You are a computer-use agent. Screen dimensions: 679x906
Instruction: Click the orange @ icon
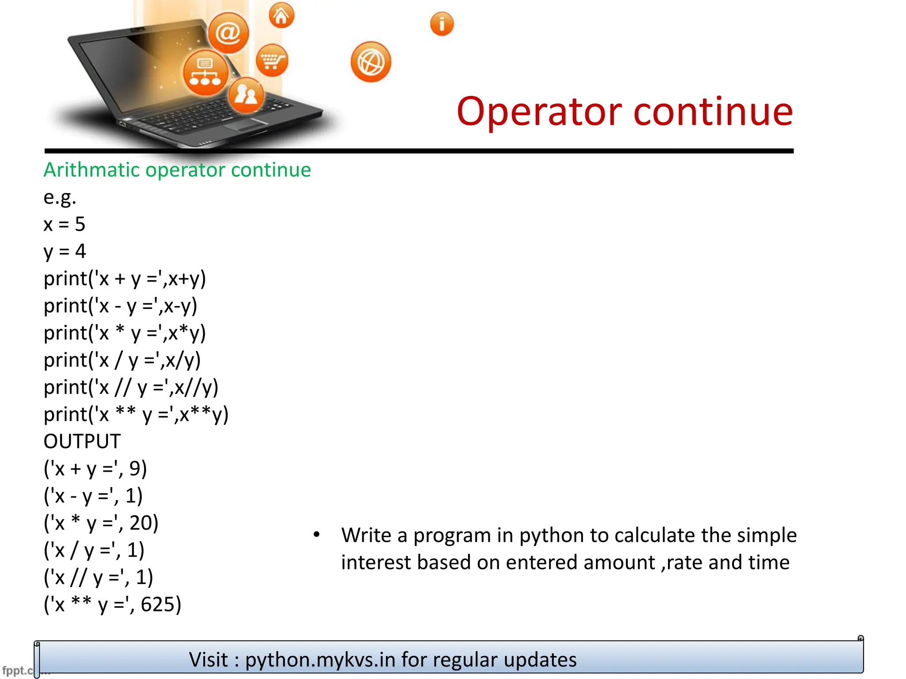228,33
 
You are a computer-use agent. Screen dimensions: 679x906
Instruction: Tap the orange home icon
281,15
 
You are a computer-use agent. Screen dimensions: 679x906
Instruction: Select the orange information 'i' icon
441,23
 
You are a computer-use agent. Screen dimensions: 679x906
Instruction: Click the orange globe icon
371,62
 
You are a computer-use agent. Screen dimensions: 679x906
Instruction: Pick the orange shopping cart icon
272,60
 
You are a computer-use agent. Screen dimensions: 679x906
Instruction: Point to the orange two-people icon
246,95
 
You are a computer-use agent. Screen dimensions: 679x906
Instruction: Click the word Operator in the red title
539,111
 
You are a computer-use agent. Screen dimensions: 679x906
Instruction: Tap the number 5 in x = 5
80,225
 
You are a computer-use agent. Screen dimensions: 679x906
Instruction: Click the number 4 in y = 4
81,252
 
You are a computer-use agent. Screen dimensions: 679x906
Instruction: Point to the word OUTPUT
82,442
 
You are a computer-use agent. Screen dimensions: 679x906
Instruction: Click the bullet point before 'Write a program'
316,535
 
